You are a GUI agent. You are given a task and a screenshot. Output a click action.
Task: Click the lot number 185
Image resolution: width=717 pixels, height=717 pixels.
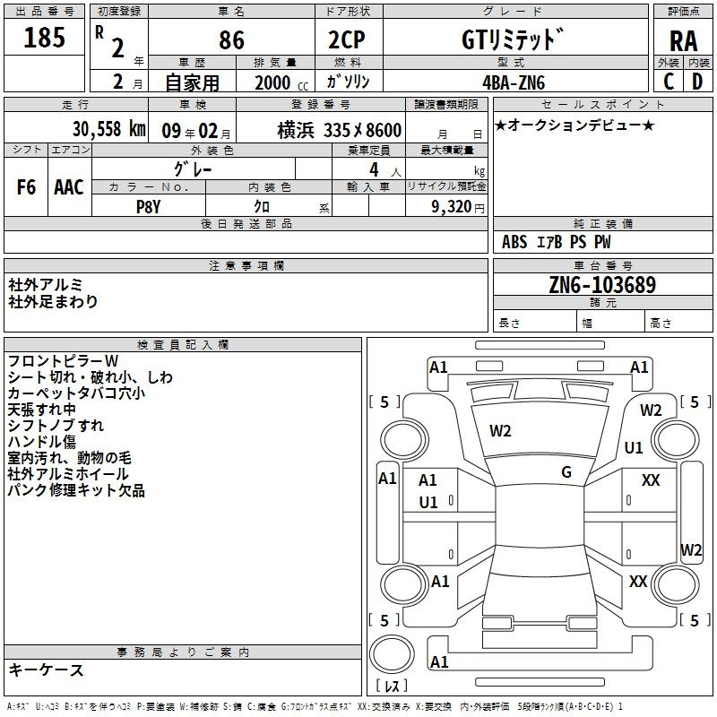pos(44,38)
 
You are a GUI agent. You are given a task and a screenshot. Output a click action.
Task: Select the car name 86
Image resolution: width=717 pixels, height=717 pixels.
pos(231,39)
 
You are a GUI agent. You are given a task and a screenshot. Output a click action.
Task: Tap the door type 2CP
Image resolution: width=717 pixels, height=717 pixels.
pos(347,39)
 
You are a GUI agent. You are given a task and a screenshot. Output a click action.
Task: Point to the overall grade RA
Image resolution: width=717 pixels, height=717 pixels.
pos(684,41)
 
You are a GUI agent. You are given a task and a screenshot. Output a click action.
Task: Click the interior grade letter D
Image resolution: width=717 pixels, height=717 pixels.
pos(697,82)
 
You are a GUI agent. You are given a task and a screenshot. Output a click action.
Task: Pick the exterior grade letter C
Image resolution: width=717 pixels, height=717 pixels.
pos(669,82)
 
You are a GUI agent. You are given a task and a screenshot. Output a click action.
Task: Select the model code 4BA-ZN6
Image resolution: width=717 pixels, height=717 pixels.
pos(514,82)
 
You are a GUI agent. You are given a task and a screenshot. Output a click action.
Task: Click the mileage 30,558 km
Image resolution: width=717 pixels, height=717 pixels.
pos(108,129)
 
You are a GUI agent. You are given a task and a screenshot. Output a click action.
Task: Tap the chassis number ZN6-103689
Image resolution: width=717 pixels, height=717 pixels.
pos(602,285)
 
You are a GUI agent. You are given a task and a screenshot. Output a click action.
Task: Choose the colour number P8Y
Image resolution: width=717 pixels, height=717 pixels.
pos(149,207)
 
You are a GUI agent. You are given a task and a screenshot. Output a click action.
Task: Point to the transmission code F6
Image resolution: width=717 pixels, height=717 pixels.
pos(26,187)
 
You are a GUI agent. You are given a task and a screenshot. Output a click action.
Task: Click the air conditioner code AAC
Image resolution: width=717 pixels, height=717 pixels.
pos(69,187)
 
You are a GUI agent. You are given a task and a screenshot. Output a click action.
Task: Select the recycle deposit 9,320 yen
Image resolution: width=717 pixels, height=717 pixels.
pos(458,207)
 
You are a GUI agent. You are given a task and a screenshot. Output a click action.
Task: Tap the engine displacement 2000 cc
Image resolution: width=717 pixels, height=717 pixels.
pos(281,82)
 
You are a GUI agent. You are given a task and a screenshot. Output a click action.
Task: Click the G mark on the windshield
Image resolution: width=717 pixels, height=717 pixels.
pos(566,472)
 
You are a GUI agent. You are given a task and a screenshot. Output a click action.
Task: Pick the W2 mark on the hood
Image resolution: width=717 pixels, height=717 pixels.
pos(500,431)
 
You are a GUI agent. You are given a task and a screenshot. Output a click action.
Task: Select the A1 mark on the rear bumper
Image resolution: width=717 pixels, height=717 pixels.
pos(439,661)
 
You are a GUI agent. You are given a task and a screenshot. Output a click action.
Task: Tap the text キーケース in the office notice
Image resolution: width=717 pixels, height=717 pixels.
pos(47,669)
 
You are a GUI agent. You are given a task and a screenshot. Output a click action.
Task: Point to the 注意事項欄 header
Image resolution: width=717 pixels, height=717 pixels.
pos(246,265)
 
